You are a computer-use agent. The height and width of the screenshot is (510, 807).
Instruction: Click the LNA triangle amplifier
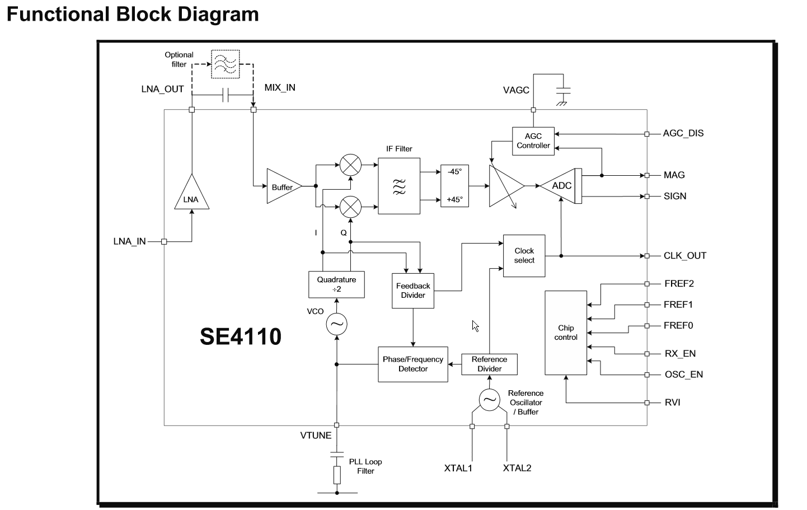coord(191,195)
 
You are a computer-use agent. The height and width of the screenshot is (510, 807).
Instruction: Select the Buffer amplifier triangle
coord(283,186)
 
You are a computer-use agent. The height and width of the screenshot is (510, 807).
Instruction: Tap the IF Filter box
coord(399,186)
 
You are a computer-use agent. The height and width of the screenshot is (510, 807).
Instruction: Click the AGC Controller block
coord(533,141)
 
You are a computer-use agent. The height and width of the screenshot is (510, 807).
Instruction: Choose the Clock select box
coord(524,256)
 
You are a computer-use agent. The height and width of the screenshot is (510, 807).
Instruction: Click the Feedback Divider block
coord(413,291)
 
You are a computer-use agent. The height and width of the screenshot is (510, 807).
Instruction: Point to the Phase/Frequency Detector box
coord(413,364)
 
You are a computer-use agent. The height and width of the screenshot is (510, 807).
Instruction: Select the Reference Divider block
coord(489,364)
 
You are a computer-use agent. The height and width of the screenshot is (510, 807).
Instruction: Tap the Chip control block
coord(566,333)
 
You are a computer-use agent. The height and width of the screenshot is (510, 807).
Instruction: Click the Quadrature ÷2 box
coord(336,284)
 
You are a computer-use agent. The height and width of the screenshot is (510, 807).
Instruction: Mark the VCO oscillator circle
coord(336,324)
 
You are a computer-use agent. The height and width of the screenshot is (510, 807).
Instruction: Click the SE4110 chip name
coord(241,336)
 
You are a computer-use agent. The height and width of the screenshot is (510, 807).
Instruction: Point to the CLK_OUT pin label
coord(685,256)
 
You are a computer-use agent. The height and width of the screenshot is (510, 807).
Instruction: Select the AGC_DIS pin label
coord(683,133)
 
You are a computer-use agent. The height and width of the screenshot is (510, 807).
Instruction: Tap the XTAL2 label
coord(517,468)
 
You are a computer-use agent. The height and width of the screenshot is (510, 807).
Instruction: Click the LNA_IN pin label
coord(129,242)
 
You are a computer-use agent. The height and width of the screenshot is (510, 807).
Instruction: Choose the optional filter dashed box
coord(225,64)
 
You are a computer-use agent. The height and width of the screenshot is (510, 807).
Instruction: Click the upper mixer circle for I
coord(350,165)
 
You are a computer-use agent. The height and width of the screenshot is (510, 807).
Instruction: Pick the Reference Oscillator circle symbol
coord(489,400)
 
